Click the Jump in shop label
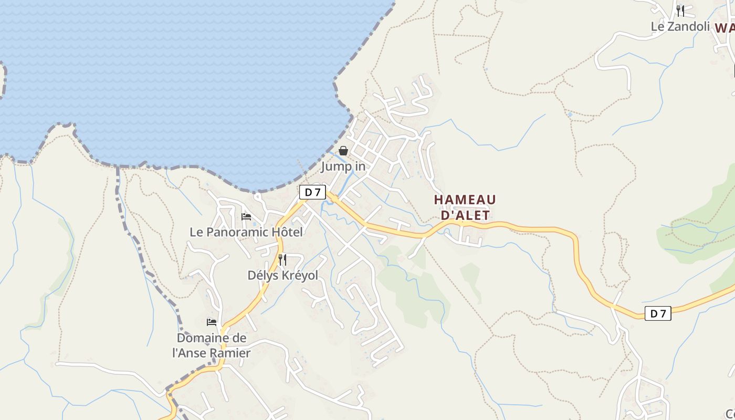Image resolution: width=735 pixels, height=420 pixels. tap(343, 166)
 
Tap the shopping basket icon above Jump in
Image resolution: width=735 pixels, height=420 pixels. tap(343, 151)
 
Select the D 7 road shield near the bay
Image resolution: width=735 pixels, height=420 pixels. tap(312, 192)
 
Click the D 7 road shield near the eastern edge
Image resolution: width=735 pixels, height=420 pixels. tap(658, 313)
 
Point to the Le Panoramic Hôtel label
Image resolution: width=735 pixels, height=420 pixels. tap(246, 232)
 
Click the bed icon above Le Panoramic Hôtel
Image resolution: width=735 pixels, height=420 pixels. tap(246, 216)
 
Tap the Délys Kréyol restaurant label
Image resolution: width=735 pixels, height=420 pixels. tap(282, 275)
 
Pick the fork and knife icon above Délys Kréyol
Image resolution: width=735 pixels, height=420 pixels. tap(282, 259)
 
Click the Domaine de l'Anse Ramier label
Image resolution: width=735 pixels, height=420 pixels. tap(212, 345)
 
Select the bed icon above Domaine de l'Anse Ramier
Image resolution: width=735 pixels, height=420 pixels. tap(212, 322)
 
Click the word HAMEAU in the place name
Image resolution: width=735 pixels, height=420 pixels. tap(465, 199)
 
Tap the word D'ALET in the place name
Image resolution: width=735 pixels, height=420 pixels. tap(465, 215)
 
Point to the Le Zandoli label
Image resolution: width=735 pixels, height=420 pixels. tap(680, 26)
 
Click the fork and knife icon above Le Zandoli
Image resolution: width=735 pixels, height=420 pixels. tap(680, 10)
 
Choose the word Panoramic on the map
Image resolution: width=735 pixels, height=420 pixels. tap(236, 232)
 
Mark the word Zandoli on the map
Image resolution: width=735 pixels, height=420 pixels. tap(688, 26)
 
